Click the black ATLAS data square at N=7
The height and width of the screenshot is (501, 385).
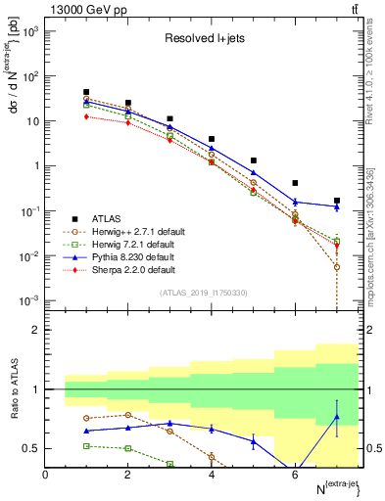tap(336, 201)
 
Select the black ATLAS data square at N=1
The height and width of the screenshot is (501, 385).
tap(86, 92)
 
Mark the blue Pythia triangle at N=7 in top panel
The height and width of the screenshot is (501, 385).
tap(336, 206)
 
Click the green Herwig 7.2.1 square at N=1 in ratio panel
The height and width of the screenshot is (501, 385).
tap(86, 445)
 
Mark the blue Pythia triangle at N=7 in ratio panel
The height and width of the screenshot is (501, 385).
tap(336, 417)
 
